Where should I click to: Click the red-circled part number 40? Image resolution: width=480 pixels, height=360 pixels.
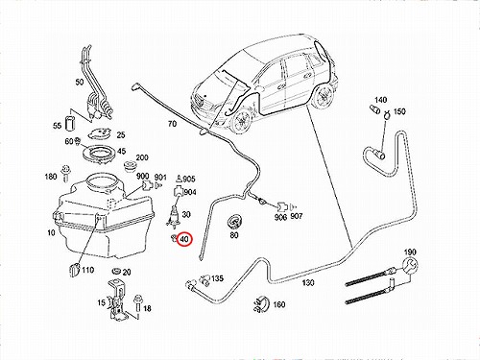(184, 239)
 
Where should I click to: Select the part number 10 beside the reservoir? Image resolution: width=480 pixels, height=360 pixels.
(51, 232)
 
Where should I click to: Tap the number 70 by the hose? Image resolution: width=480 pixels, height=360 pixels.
(172, 123)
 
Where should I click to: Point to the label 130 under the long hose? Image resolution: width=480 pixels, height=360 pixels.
(308, 282)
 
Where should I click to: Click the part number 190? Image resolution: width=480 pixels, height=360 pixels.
(410, 252)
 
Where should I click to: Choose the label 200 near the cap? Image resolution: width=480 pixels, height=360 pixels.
(142, 157)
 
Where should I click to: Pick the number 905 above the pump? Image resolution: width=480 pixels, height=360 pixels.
(189, 179)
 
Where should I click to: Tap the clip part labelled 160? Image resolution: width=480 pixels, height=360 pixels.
(261, 304)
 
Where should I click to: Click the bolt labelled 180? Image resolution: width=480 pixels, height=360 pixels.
(66, 173)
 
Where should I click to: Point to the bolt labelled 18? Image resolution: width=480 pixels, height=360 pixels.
(138, 302)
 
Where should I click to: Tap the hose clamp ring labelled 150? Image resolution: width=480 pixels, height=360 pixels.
(387, 114)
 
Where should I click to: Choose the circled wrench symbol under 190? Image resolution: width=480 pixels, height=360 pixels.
(410, 266)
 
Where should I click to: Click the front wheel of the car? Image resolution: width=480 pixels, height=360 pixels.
(242, 121)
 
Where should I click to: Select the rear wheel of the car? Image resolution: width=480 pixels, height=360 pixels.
(322, 97)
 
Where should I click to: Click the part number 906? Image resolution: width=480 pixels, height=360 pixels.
(280, 217)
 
